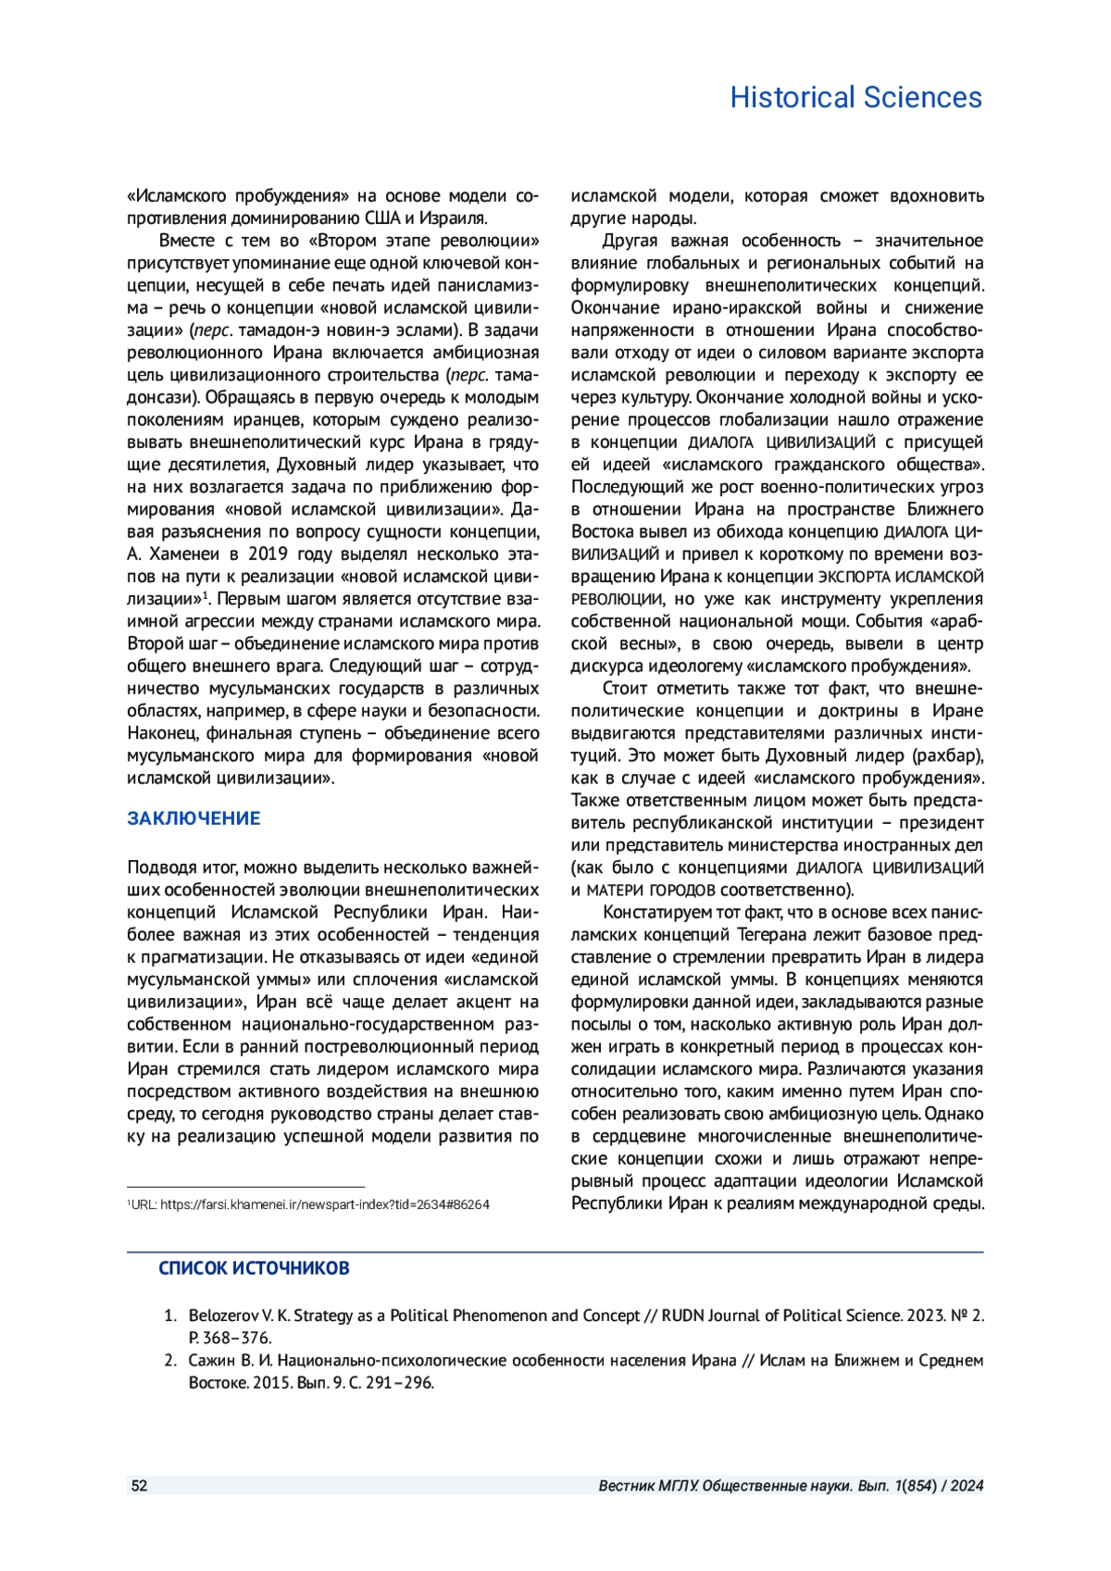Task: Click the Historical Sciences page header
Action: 855,97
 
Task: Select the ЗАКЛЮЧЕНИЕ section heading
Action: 193,818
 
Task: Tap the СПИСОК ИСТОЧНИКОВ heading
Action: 254,1268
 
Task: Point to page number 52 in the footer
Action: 139,1486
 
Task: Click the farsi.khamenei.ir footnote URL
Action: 324,1205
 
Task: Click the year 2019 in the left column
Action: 274,555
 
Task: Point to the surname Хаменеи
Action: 181,555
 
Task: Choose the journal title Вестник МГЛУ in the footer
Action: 647,1486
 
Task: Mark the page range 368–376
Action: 237,1339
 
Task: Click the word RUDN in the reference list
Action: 683,1315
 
